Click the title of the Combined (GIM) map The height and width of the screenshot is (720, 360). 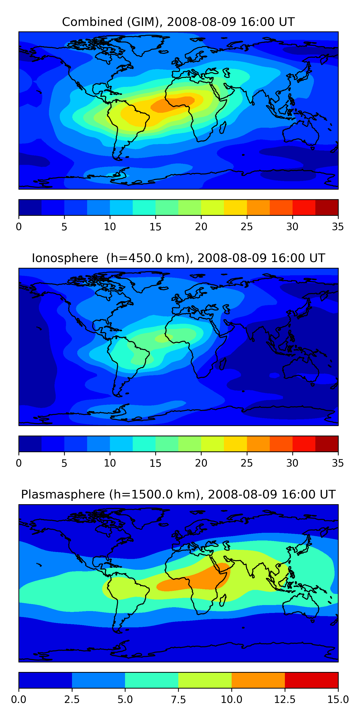coord(178,22)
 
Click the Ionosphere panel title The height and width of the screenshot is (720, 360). coord(178,258)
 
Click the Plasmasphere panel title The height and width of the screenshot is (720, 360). coord(178,494)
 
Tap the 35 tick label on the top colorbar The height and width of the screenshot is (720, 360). coord(338,227)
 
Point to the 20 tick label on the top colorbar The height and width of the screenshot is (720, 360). coord(201,227)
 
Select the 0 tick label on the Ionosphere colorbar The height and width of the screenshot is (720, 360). coord(19,463)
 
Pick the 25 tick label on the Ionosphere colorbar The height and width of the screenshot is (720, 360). coord(246,463)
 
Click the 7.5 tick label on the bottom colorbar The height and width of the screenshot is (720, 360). coord(178,699)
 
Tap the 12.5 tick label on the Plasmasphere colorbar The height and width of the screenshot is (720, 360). coord(285,699)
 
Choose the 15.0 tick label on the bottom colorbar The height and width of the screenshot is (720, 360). coord(338,699)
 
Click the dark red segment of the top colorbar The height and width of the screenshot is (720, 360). coord(326,207)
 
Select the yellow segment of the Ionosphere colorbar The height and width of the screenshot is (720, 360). coord(235,444)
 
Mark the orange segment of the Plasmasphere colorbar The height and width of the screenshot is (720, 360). coord(258,680)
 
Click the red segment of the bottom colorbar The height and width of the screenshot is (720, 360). coord(311,680)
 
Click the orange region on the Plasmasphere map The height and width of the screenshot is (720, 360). coord(196,581)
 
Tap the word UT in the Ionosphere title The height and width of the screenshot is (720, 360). coord(318,258)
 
